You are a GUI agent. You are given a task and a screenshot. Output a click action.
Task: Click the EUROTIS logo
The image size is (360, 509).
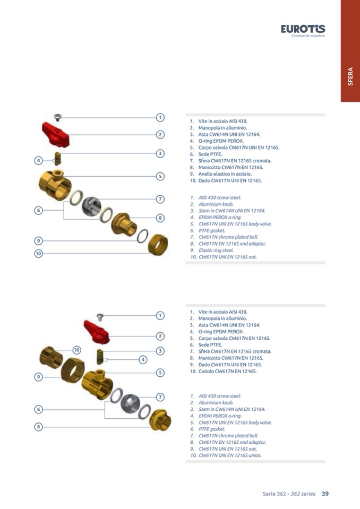point(303,30)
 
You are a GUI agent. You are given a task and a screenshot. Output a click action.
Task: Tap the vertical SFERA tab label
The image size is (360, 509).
point(350,76)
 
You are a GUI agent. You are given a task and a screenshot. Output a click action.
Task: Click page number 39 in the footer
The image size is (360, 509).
point(325,494)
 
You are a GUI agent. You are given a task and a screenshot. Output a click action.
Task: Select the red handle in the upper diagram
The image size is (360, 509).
point(56,134)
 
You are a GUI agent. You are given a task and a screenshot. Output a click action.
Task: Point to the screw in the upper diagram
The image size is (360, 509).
point(58,117)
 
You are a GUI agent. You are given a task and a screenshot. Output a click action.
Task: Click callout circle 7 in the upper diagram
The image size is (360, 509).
point(160,199)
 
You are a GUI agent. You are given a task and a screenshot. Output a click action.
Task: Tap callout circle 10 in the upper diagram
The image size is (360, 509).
point(39,253)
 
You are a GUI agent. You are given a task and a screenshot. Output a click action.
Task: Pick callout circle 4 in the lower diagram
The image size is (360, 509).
point(143,360)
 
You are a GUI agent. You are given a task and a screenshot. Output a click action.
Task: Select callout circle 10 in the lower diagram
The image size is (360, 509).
point(76,350)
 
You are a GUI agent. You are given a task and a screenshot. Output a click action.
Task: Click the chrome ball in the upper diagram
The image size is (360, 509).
point(91,206)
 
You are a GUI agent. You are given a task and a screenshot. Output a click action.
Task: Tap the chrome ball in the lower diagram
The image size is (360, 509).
point(130,403)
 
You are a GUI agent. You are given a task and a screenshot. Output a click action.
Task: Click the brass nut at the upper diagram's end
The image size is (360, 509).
point(158,244)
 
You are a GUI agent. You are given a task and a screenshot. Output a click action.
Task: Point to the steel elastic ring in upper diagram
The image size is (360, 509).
point(142,236)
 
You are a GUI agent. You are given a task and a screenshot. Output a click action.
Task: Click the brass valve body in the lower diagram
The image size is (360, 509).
point(97,385)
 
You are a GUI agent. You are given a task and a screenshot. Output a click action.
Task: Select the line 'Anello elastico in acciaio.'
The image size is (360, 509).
point(225,174)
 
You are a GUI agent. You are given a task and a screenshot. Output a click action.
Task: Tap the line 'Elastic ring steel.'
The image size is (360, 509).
point(216,251)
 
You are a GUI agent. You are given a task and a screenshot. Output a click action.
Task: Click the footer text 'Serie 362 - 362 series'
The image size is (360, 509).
point(289,494)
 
